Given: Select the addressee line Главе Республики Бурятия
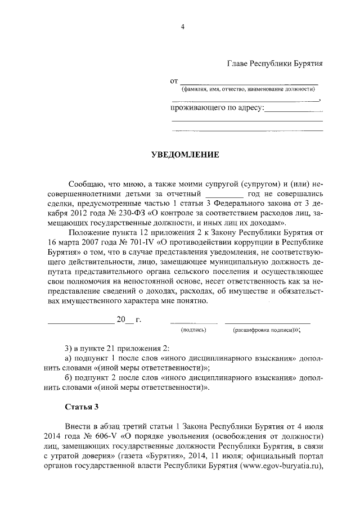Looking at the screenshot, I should pos(274,64).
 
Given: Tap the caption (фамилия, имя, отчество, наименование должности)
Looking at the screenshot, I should pos(247,89).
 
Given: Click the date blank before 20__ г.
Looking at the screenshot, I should pos(80,321).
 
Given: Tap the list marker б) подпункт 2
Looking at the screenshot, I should pos(69,378).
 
